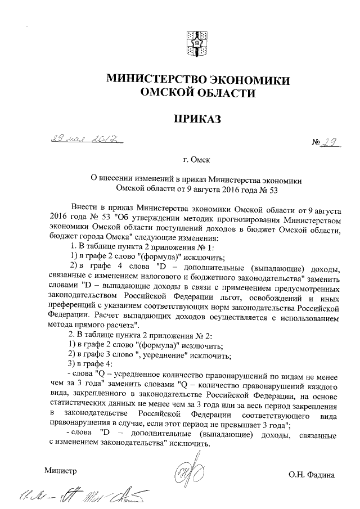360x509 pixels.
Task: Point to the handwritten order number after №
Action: coord(326,143)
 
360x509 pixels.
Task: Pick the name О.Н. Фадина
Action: coord(312,475)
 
